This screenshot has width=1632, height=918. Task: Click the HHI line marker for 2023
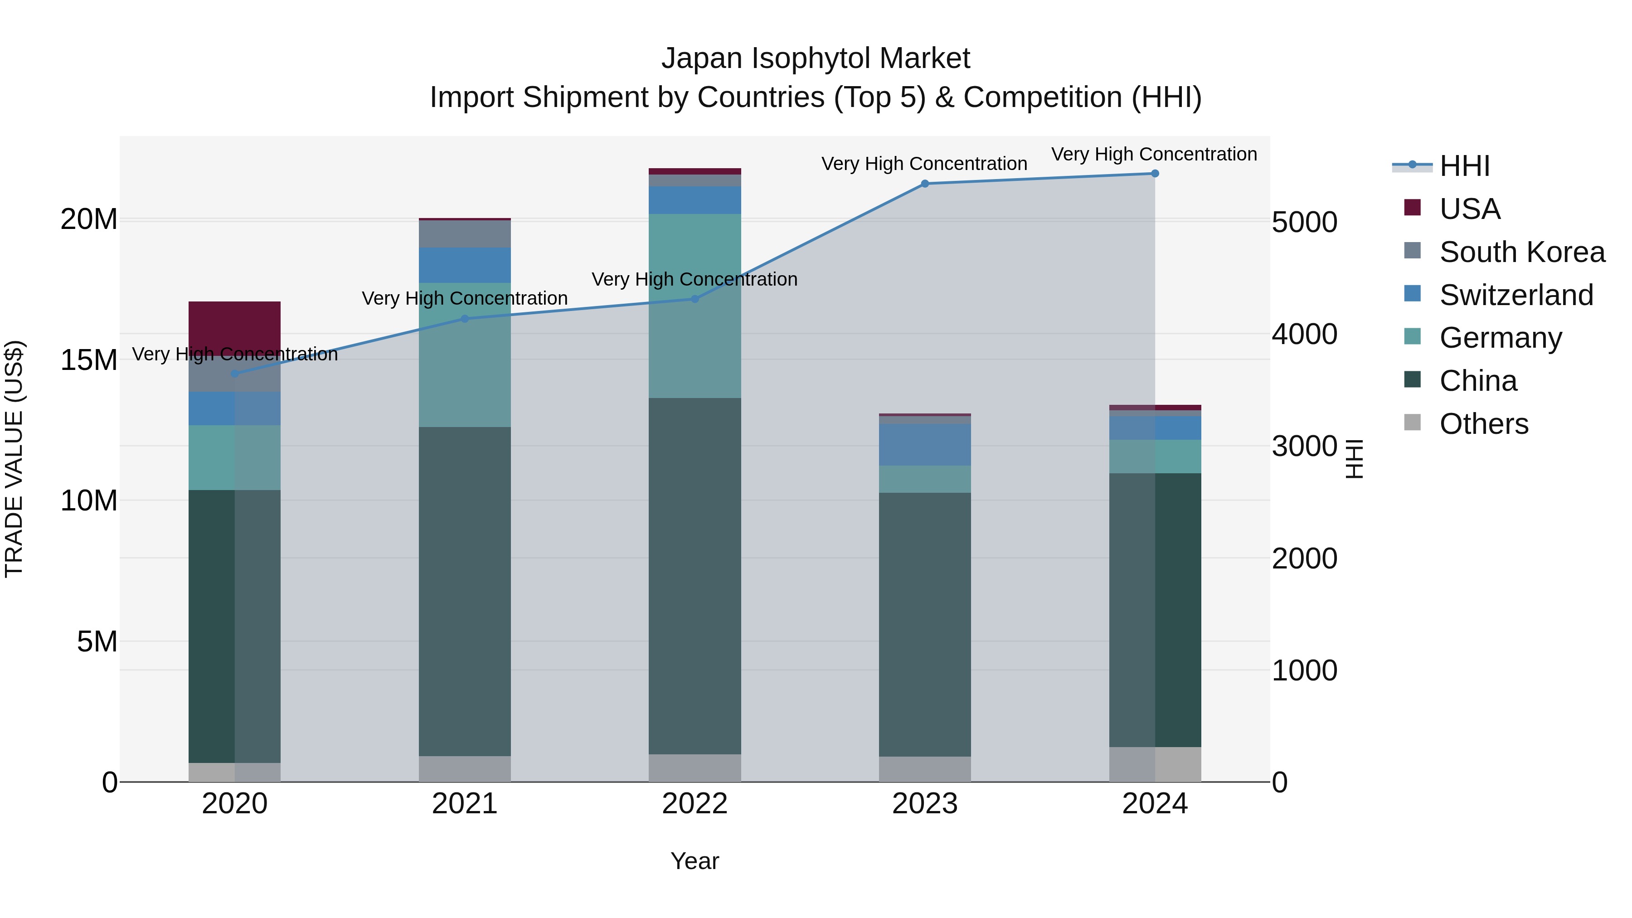pos(924,184)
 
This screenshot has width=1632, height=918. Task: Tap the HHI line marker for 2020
pos(234,374)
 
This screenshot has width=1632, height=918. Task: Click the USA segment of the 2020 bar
pos(234,328)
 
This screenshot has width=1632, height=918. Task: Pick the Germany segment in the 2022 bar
pos(695,306)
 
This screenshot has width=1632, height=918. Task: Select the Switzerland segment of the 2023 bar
pos(924,445)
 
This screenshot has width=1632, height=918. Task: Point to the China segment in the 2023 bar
pos(924,624)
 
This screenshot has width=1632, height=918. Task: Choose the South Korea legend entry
pos(1522,252)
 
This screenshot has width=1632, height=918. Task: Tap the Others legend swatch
pos(1412,423)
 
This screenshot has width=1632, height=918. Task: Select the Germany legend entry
pos(1500,338)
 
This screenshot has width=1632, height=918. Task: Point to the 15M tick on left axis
pos(89,360)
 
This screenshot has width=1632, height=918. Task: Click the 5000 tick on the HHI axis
pos(1304,223)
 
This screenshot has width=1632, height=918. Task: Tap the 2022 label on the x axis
pos(695,804)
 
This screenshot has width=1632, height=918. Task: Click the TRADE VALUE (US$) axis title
pos(14,459)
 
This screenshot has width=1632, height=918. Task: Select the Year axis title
pos(695,861)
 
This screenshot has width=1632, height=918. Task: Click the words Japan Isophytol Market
pos(816,58)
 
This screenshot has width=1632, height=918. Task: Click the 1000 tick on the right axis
pos(1304,670)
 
